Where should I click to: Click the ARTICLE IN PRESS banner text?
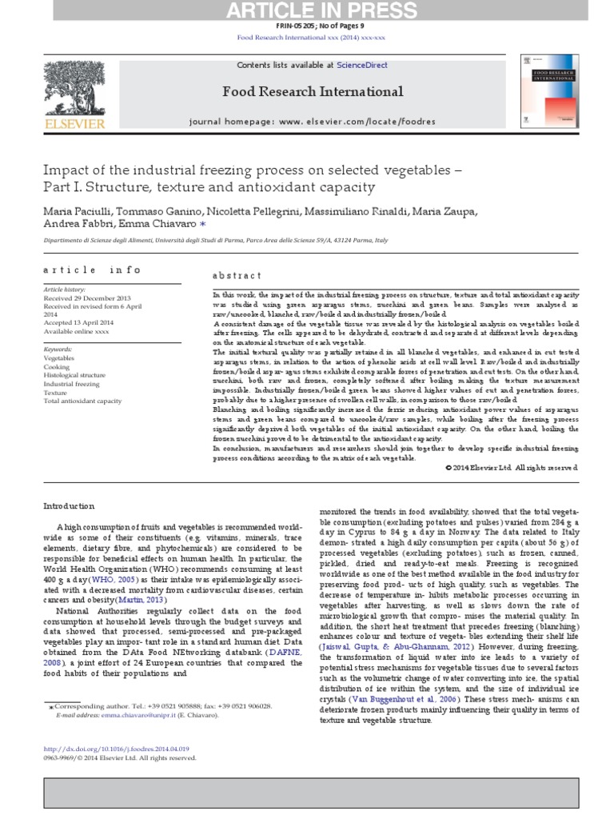pyautogui.click(x=307, y=10)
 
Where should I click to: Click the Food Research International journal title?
pyautogui.click(x=312, y=92)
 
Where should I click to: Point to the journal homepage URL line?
pyautogui.click(x=312, y=122)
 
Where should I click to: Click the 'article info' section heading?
pyautogui.click(x=92, y=270)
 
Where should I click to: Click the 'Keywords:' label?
pyautogui.click(x=58, y=350)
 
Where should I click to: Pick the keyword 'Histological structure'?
pyautogui.click(x=74, y=375)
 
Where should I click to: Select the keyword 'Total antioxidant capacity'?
pyautogui.click(x=80, y=402)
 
